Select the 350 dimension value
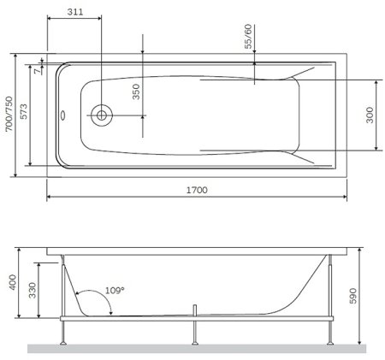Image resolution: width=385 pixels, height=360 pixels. [135, 91]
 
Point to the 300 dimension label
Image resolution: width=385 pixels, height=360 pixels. [370, 116]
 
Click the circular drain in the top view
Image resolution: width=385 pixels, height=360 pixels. [102, 113]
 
